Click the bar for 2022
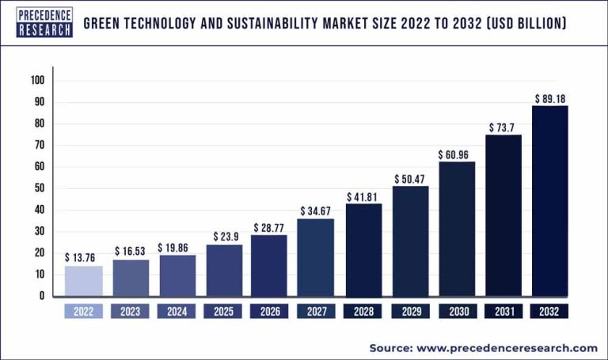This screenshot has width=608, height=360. [84, 281]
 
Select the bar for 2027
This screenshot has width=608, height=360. [315, 257]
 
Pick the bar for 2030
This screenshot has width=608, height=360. [456, 229]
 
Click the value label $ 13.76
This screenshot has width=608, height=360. [83, 257]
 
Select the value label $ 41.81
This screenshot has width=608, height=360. [363, 196]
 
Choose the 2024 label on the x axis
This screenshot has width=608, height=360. [177, 311]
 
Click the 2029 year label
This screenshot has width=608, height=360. [409, 311]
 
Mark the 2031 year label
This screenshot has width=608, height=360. [503, 311]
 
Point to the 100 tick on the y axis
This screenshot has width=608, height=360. [38, 81]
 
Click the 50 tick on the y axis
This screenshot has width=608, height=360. [40, 188]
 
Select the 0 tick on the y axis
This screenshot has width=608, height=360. [43, 296]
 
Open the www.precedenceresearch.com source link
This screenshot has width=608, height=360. [506, 347]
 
